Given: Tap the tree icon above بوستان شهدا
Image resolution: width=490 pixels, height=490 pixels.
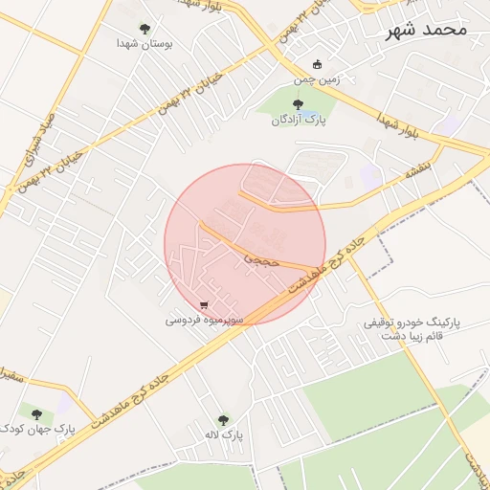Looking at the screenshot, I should (x=145, y=29).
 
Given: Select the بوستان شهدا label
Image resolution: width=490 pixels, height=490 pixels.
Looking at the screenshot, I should (x=144, y=44).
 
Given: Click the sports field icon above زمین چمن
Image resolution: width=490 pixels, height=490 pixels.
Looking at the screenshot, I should (x=317, y=64).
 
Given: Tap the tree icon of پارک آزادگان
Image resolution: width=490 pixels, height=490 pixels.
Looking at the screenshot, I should (x=298, y=105).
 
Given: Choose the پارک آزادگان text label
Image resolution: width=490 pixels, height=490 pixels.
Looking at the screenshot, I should (x=298, y=121).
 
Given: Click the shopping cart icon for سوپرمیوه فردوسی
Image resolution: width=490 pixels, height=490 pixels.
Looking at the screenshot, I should (x=205, y=305).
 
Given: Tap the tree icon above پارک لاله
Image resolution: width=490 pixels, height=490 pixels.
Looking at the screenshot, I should (x=223, y=419).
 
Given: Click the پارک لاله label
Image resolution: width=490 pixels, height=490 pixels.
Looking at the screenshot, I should (x=223, y=434).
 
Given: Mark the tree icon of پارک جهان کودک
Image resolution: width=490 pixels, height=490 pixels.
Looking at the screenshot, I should (x=37, y=414).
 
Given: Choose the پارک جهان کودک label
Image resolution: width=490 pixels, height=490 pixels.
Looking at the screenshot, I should (x=37, y=430).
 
